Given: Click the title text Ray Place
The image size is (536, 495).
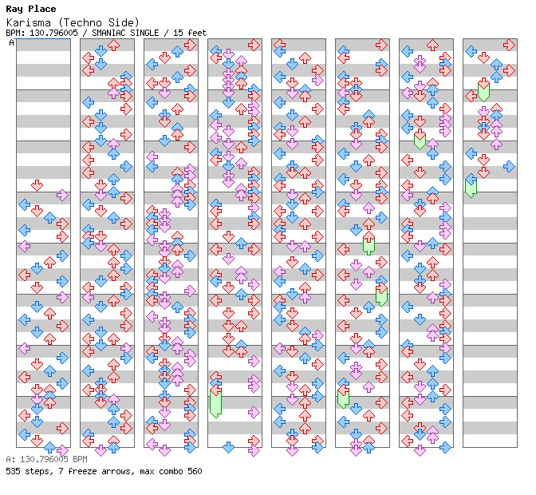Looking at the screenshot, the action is click(31, 9).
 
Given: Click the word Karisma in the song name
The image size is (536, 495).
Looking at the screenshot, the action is click(29, 22).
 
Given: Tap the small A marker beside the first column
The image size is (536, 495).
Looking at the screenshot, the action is click(11, 43).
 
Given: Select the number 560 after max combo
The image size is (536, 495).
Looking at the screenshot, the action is click(195, 471).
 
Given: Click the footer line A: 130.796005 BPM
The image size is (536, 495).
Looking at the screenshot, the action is click(46, 459).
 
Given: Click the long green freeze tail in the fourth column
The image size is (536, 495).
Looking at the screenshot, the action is click(215, 404).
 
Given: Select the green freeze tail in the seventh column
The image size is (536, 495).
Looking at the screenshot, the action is click(420, 141).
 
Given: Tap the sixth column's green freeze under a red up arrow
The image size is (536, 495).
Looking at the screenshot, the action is click(368, 247).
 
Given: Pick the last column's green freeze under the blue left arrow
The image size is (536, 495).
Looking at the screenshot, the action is click(471, 188).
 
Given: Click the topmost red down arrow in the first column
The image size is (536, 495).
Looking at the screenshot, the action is click(37, 186).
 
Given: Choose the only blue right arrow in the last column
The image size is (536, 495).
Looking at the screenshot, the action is click(509, 167).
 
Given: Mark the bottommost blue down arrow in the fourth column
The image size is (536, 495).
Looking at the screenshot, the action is click(228, 447).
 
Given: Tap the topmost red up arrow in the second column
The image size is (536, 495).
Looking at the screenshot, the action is click(113, 45).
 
